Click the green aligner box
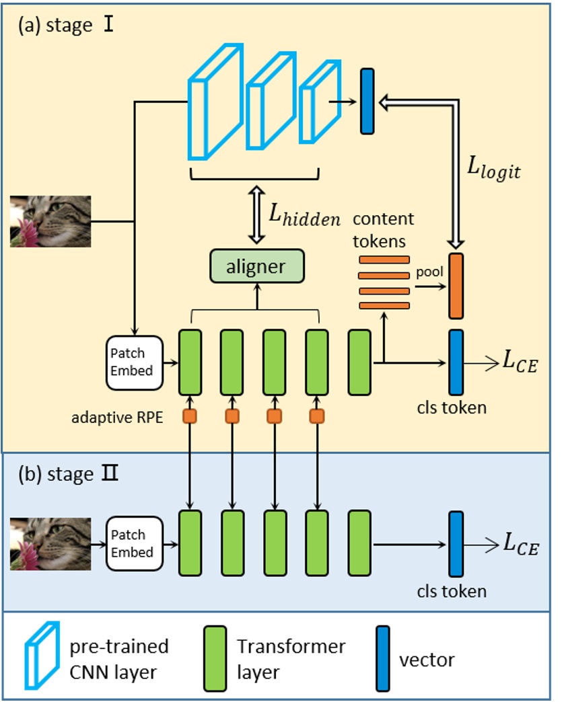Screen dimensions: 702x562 coord(257,266)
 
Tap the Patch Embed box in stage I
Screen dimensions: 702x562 coord(133,362)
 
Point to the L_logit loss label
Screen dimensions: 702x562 coord(493,166)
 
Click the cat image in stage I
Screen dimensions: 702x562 coord(50,221)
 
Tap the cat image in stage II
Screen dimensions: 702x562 coord(50,543)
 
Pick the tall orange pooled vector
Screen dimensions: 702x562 coord(456,285)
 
